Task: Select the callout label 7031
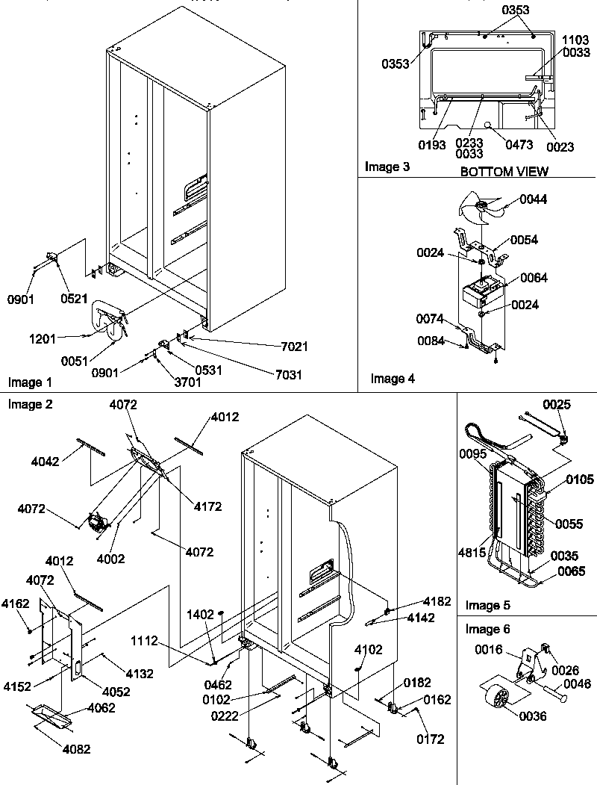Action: click(287, 374)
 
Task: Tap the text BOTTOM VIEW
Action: click(504, 172)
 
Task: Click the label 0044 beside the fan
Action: click(534, 200)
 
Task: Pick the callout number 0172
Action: click(431, 739)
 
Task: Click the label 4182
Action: click(437, 601)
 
